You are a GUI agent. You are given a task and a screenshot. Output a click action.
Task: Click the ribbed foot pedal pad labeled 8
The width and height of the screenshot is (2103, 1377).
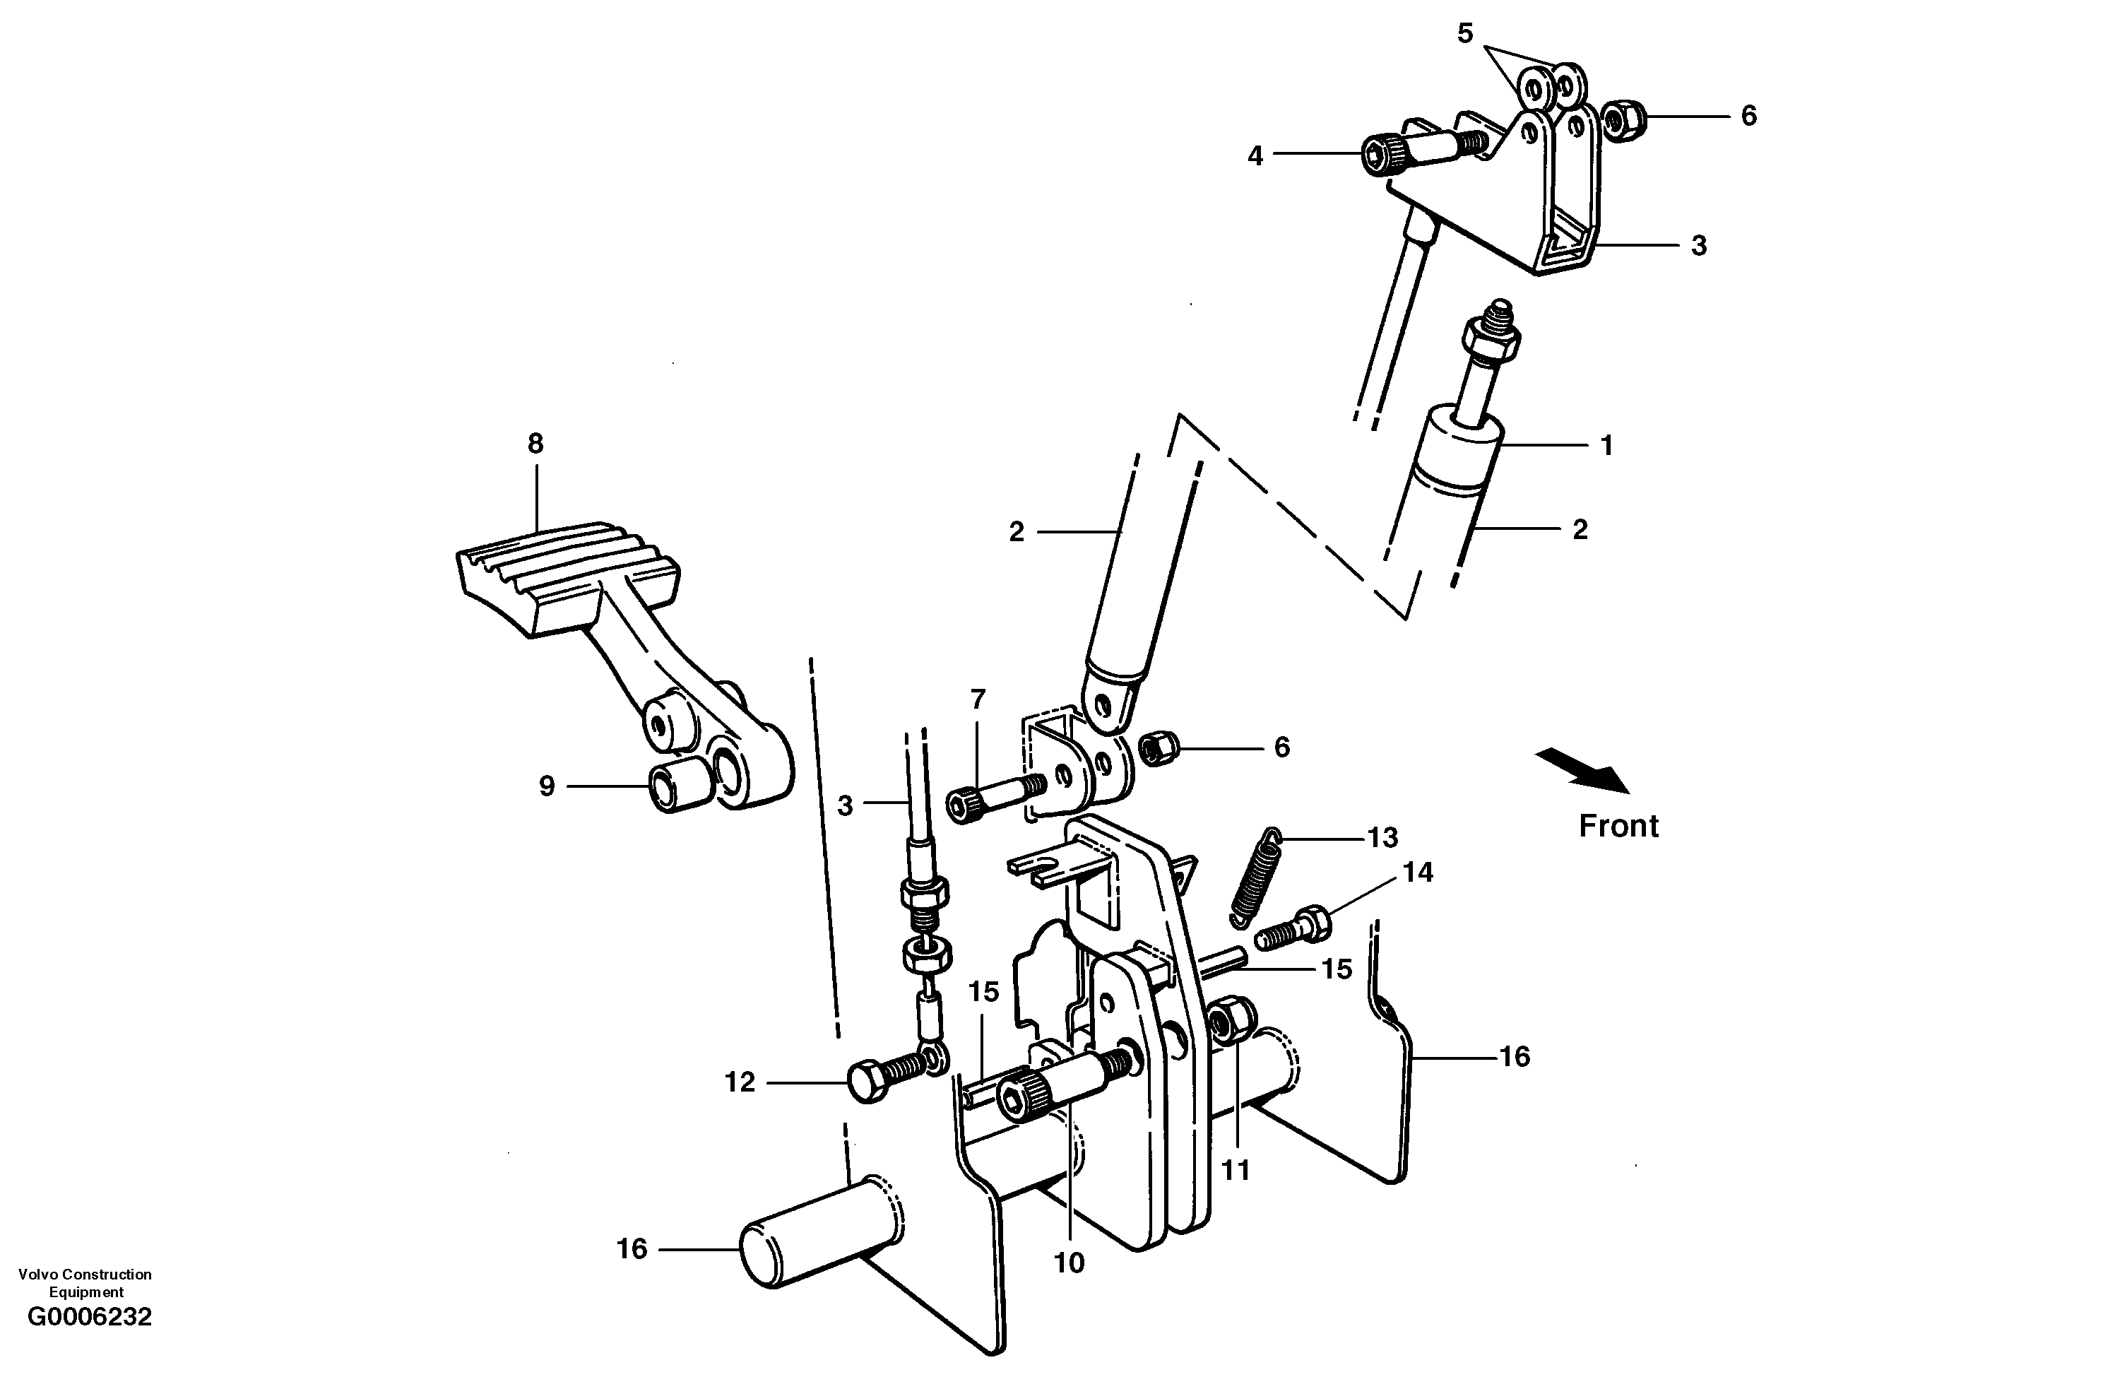(x=566, y=574)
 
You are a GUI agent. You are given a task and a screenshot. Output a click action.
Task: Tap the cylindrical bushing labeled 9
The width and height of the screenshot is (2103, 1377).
(x=679, y=785)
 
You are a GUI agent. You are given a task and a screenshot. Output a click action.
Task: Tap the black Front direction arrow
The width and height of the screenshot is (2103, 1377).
(x=1582, y=769)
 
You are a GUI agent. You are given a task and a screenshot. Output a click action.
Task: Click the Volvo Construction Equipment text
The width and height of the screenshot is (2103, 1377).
(x=85, y=1282)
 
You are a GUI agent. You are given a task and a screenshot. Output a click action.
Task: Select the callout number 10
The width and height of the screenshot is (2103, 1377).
(x=1070, y=1264)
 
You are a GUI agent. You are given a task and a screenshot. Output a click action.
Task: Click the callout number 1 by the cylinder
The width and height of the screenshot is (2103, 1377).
(x=1606, y=445)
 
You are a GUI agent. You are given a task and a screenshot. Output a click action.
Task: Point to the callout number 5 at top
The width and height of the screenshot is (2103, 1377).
(x=1465, y=34)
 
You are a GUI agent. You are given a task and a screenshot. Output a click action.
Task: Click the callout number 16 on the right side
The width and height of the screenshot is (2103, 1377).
(x=1515, y=1057)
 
